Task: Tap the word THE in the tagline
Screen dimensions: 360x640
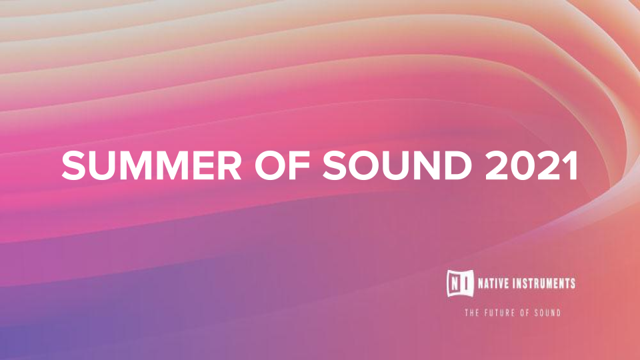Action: point(473,313)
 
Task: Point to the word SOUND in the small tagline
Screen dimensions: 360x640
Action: point(547,313)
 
